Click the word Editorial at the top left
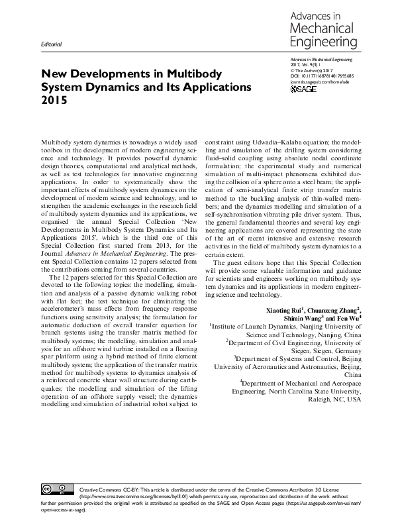(x=51, y=44)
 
